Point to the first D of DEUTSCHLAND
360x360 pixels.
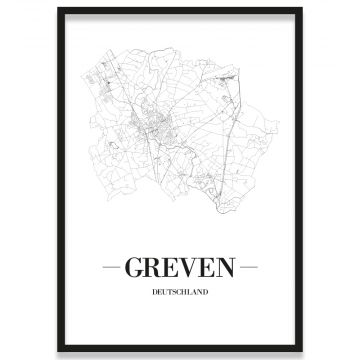[x=154, y=294]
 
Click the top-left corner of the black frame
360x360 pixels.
[x=59, y=9]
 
